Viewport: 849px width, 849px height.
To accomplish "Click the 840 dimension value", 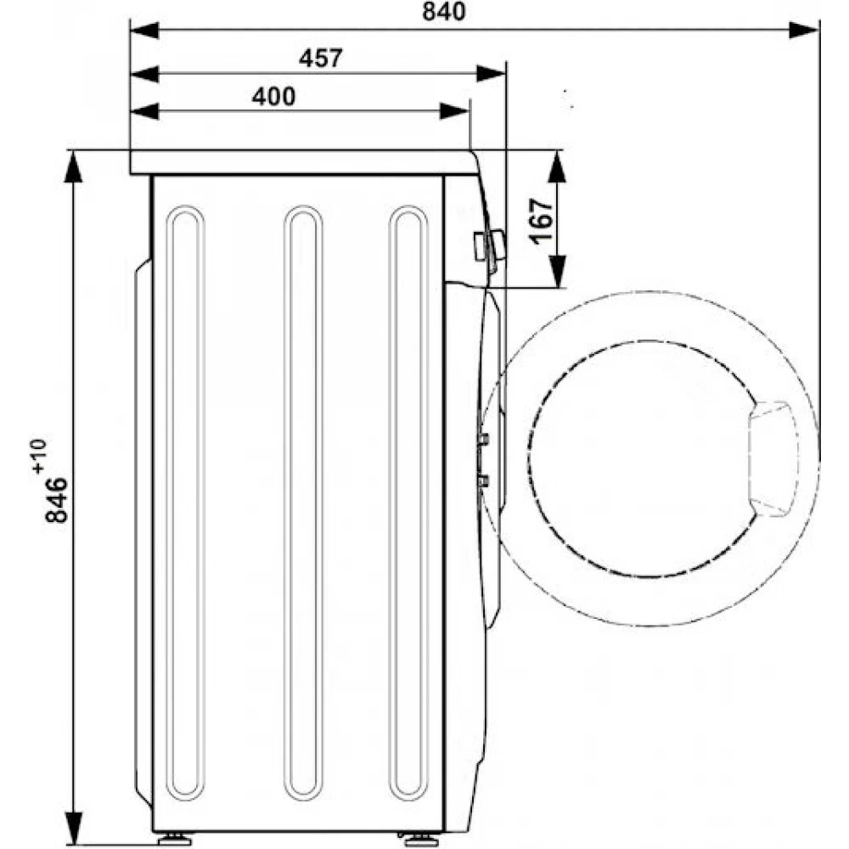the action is click(443, 11).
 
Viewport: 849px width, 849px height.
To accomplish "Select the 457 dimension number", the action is click(321, 59).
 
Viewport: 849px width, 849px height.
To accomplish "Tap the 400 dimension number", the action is click(274, 97).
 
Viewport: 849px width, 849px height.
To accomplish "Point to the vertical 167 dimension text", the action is click(542, 222).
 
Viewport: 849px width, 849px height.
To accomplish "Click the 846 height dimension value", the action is click(56, 499).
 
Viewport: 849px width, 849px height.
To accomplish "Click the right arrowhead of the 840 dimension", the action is click(804, 31).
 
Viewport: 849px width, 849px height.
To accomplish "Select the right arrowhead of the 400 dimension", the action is click(454, 111).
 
